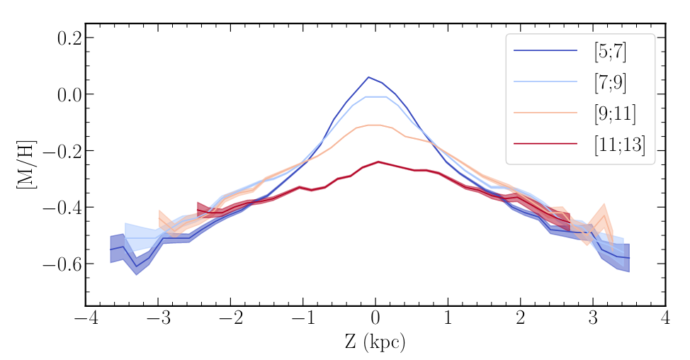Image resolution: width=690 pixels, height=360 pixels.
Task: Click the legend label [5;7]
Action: tap(611, 51)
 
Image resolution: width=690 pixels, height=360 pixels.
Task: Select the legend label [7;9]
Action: tap(611, 83)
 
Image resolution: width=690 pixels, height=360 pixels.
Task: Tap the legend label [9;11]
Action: tap(615, 115)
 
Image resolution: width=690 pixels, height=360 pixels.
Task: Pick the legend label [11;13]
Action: tap(620, 147)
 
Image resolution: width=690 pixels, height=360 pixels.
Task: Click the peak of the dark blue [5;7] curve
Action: tap(368, 77)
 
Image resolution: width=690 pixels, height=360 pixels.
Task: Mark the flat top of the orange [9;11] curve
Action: tap(375, 125)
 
